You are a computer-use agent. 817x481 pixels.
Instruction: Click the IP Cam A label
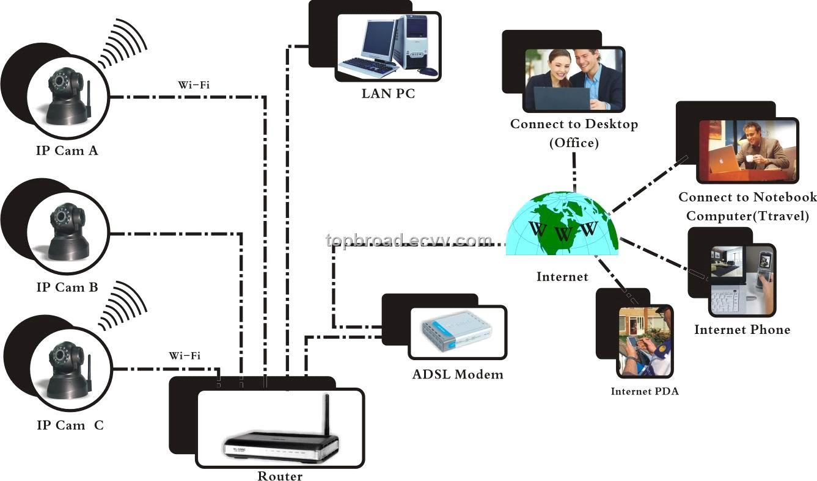[67, 150]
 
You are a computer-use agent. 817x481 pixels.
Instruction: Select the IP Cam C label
[70, 425]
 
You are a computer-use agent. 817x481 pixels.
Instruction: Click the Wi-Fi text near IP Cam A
[194, 85]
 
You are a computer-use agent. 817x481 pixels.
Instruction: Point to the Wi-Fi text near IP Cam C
[185, 355]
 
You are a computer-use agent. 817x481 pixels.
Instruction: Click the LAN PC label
[388, 94]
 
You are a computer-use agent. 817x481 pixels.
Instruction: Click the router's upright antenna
[326, 415]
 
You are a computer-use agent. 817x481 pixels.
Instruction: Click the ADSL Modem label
[458, 374]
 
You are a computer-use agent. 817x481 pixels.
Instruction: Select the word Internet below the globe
[562, 277]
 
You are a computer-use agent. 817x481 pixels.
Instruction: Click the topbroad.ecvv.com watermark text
[409, 240]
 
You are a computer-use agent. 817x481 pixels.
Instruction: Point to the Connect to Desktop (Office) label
[574, 133]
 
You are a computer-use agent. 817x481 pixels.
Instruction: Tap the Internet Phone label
[742, 330]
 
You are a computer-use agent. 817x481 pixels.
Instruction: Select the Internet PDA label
[645, 391]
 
